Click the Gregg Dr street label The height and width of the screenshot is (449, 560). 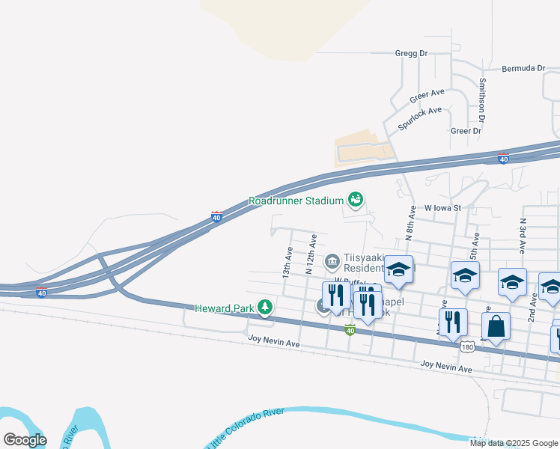[x=410, y=54]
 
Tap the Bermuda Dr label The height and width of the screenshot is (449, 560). [x=524, y=68]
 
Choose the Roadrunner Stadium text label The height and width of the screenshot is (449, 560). [x=296, y=201]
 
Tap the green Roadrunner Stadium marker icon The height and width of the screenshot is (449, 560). [x=356, y=200]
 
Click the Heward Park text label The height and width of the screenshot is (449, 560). [x=224, y=308]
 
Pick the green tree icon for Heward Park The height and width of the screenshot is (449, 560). [x=264, y=307]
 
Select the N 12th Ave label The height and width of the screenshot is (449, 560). [x=311, y=254]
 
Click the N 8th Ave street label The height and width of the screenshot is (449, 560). [x=410, y=222]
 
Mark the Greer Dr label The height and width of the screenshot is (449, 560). [x=466, y=131]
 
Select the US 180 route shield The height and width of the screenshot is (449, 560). [x=468, y=347]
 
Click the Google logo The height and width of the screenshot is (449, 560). [x=25, y=439]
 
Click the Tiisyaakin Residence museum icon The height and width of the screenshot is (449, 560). [x=332, y=262]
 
